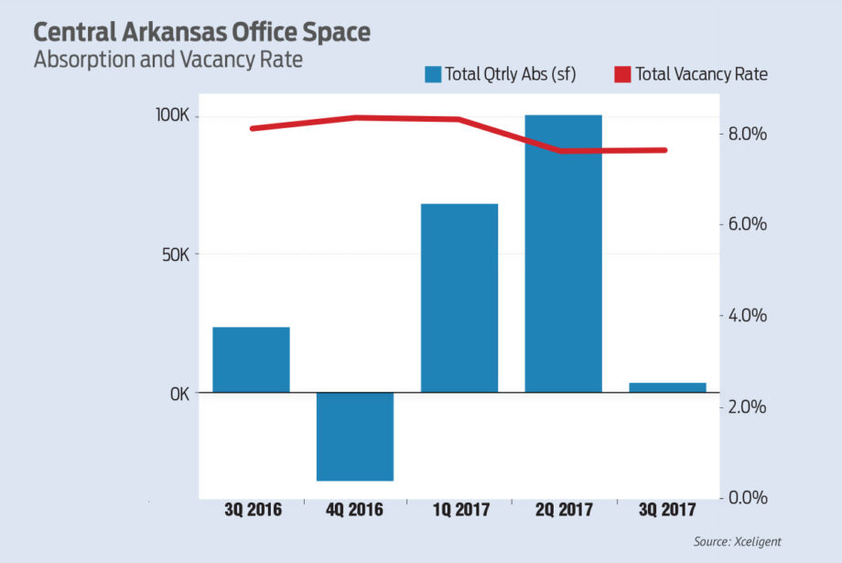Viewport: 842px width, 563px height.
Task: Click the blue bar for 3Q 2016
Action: point(251,359)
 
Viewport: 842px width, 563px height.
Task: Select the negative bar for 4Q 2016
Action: point(355,436)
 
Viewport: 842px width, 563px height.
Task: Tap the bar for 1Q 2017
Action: point(459,298)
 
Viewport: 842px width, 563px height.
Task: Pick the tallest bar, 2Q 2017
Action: point(563,254)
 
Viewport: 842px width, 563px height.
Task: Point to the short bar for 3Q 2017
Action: point(667,387)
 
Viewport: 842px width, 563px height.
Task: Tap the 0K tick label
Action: point(179,393)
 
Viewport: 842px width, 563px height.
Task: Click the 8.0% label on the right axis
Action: point(747,135)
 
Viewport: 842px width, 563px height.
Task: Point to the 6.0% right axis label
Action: point(747,225)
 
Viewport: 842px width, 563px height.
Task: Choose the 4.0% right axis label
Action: point(747,316)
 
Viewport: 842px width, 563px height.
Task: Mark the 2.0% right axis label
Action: point(747,406)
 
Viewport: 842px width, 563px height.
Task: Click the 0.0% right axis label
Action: point(747,497)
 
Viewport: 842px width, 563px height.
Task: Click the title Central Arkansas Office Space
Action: point(201,32)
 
